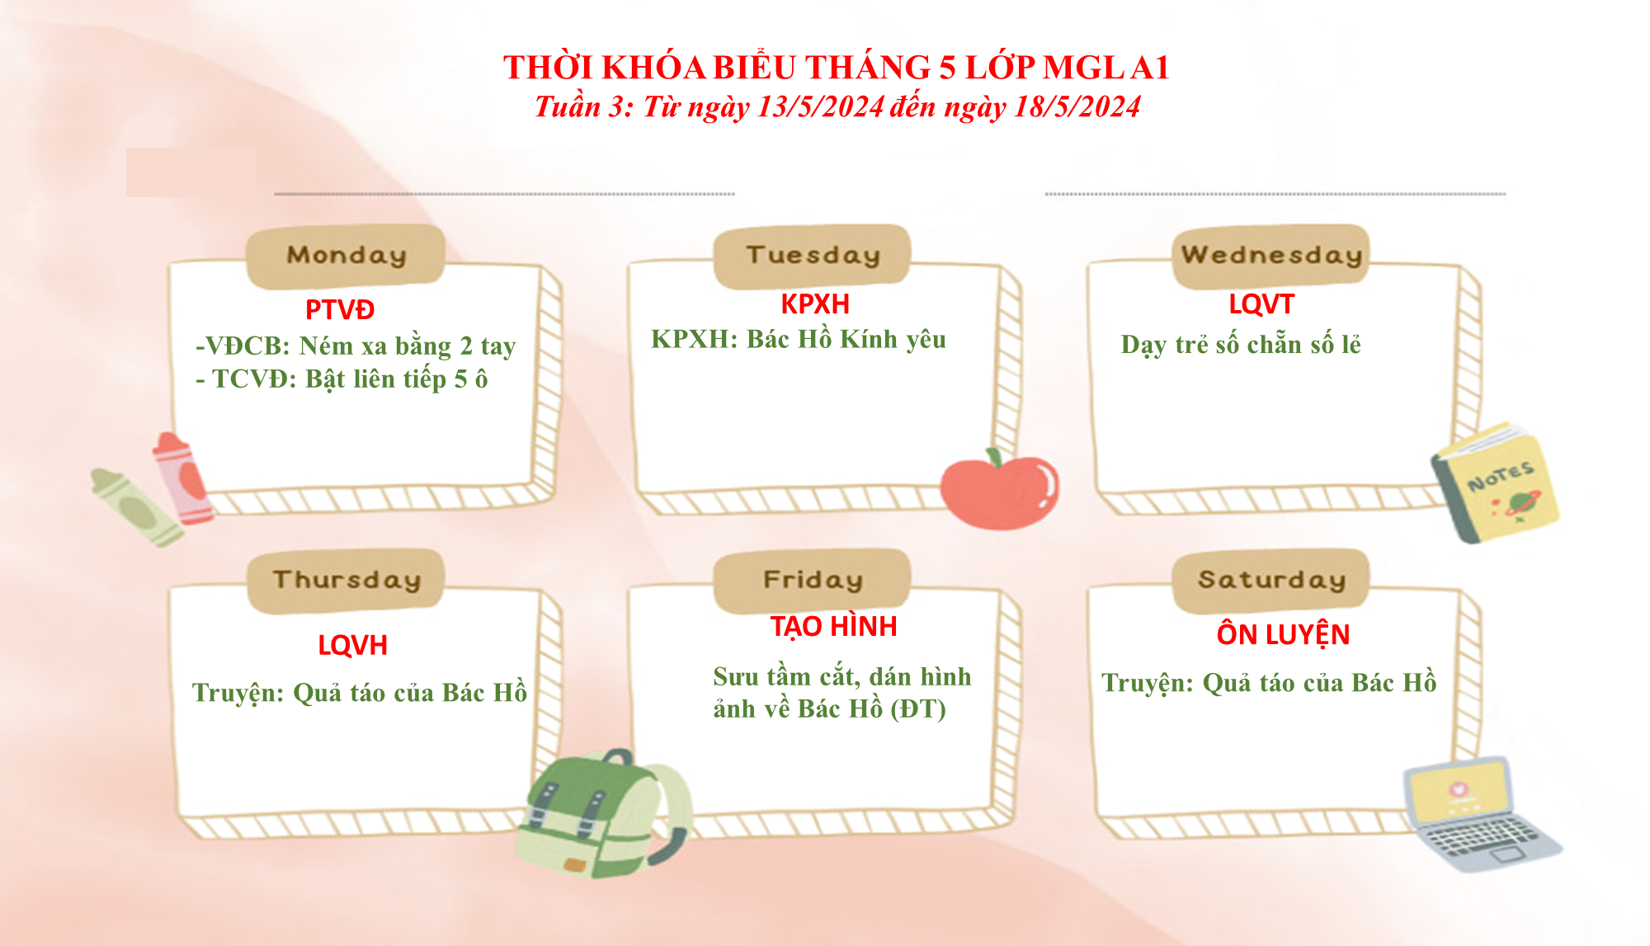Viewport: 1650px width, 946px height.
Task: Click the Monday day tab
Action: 346,256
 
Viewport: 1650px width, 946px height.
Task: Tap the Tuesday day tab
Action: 813,256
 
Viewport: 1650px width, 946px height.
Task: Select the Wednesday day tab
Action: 1270,256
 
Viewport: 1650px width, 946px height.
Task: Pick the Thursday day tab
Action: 346,581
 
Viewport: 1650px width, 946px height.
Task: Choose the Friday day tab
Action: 813,581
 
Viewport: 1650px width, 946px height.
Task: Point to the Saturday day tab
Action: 1270,581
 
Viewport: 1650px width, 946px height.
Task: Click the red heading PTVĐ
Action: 340,310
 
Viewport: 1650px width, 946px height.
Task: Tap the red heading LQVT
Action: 1261,304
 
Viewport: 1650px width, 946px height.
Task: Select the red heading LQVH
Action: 353,645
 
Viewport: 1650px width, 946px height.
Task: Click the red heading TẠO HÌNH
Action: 834,626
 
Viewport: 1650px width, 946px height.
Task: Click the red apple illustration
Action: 1000,489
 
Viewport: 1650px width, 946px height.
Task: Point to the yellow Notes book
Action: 1495,482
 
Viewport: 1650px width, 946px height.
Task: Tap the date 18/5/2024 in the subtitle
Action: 1077,107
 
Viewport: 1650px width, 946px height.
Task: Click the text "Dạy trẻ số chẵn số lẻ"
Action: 1241,345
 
